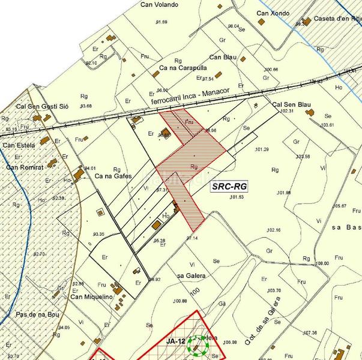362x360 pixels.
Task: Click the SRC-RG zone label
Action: click(230, 187)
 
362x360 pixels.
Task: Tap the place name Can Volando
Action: click(159, 5)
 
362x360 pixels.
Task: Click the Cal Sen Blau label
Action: click(291, 104)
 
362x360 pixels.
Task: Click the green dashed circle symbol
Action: click(198, 345)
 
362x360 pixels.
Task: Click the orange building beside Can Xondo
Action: click(262, 22)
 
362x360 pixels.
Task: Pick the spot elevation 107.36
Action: click(310, 332)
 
